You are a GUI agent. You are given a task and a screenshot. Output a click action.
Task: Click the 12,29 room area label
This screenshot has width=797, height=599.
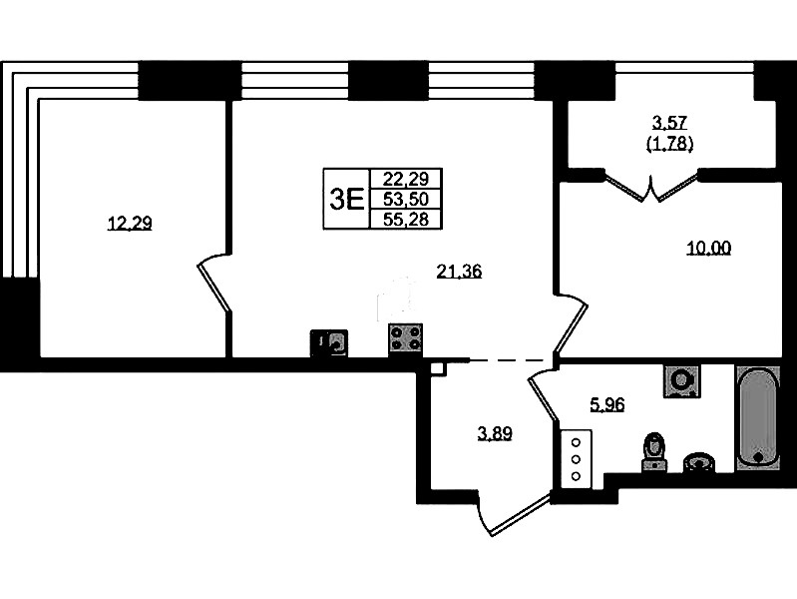(130, 224)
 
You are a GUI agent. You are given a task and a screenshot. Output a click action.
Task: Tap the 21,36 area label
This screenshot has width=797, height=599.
(459, 272)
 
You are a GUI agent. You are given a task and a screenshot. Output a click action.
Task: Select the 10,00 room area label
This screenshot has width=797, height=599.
(708, 248)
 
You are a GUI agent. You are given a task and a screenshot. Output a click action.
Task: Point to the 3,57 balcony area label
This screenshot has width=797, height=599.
(669, 122)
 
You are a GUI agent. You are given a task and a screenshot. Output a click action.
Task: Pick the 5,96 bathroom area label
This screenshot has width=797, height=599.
(606, 404)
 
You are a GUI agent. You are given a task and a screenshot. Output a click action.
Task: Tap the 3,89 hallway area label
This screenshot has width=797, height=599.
(495, 433)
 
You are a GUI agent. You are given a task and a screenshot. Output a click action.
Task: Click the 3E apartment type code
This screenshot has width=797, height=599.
(347, 199)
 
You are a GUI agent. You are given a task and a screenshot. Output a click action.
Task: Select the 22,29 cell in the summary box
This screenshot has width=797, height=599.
(406, 179)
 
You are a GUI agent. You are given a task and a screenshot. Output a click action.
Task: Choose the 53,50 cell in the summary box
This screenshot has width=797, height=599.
(406, 199)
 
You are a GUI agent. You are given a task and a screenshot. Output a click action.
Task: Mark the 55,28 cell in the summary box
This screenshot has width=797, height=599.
(406, 219)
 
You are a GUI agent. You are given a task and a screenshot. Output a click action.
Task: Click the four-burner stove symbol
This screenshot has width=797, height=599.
(406, 338)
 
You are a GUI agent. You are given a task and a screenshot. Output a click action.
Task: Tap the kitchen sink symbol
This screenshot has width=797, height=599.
(329, 342)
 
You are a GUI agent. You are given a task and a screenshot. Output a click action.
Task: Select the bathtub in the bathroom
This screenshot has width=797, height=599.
(758, 417)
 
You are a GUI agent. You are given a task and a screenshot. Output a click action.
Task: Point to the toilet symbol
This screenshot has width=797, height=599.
(654, 452)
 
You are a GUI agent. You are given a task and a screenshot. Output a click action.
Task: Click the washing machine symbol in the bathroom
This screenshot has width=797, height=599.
(681, 380)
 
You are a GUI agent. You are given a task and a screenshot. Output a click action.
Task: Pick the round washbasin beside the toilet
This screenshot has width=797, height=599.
(699, 462)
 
